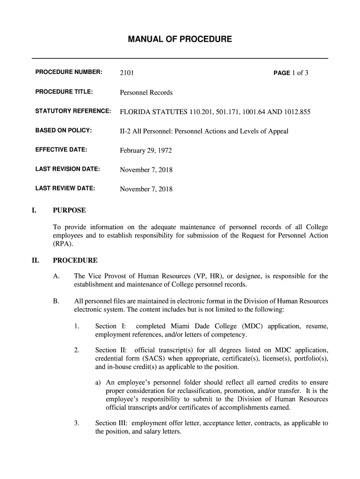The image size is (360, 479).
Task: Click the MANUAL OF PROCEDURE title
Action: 180,39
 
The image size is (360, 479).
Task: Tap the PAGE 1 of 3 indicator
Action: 291,73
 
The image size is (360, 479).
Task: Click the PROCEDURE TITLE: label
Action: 65,92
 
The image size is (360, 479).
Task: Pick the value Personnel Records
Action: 146,93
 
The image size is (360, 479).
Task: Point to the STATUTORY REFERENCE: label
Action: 73,112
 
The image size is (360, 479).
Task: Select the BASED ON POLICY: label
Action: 64,131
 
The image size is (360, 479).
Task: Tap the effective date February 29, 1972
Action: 146,151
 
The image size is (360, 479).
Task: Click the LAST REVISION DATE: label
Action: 68,169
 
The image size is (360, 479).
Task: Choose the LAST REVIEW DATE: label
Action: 65,189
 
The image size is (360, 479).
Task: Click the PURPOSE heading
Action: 69,210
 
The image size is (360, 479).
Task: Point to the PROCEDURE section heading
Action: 75,260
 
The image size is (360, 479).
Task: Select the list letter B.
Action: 56,301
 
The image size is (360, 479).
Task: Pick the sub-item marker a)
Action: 99,382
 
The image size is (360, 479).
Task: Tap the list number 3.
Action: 77,423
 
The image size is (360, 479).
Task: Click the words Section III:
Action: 112,423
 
